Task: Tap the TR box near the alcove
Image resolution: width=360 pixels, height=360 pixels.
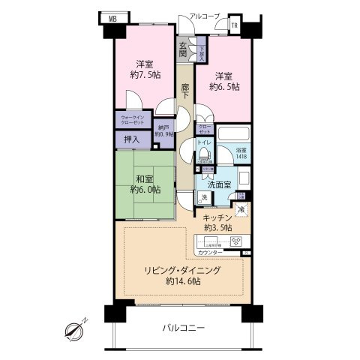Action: coord(235,25)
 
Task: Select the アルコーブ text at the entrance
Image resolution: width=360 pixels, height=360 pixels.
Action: coord(204,16)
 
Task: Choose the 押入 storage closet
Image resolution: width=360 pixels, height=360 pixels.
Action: coord(130,138)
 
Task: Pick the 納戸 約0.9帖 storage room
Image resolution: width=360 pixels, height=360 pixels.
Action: coord(165,128)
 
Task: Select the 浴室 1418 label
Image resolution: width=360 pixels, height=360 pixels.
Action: coord(241,153)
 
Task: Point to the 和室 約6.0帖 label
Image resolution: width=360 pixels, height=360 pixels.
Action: coord(144,184)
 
